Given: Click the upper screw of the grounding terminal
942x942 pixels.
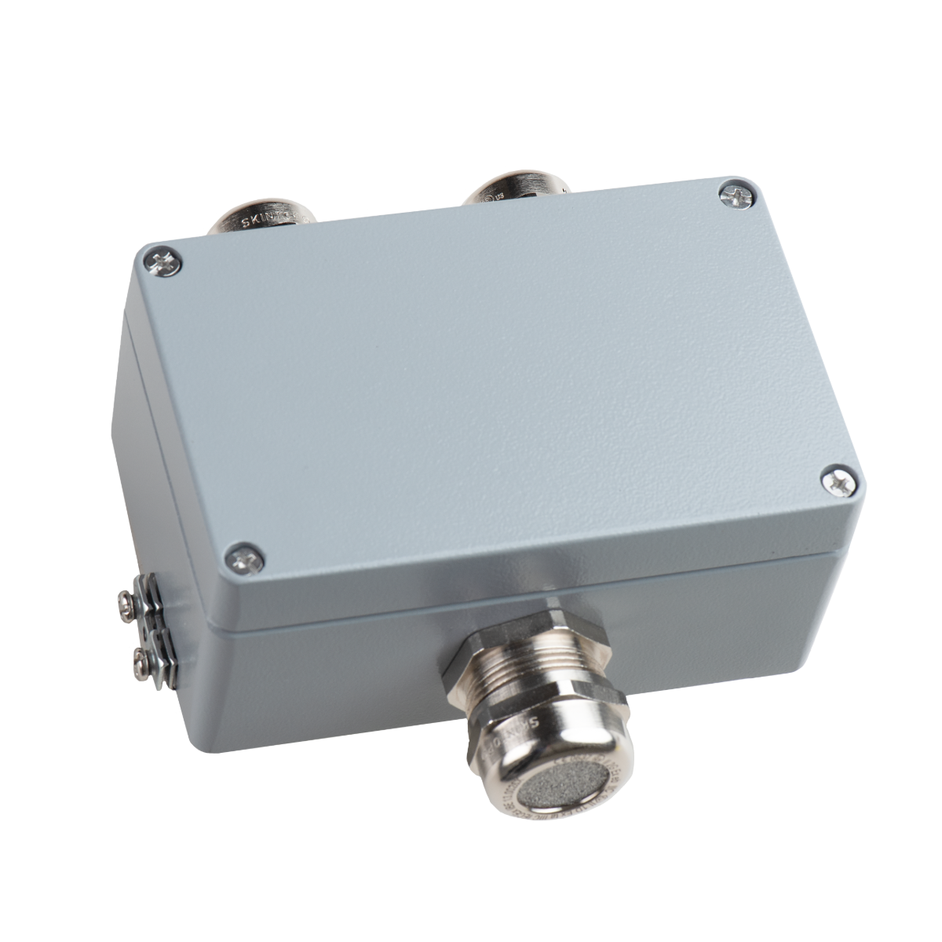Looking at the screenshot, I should pos(126,601).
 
